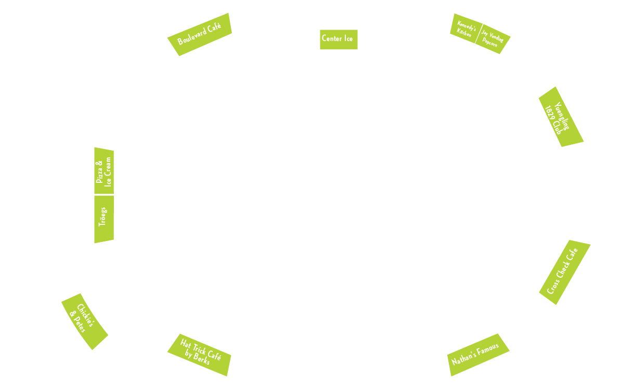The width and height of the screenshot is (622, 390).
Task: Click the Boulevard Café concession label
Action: (x=199, y=34)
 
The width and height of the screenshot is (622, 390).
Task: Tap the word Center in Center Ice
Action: (x=331, y=38)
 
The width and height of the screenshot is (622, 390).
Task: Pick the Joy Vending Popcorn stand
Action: (x=493, y=39)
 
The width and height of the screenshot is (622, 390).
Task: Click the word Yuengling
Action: (x=562, y=116)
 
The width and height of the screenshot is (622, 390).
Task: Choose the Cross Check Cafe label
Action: (x=564, y=272)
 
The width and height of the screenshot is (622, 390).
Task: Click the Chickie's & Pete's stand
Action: (x=84, y=321)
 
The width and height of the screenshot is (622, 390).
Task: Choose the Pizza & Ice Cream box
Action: (x=103, y=172)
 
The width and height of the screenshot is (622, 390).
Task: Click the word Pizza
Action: (x=99, y=172)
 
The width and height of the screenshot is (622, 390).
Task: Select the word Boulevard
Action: (x=192, y=37)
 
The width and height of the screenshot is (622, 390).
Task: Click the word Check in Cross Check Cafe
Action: (x=562, y=272)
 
